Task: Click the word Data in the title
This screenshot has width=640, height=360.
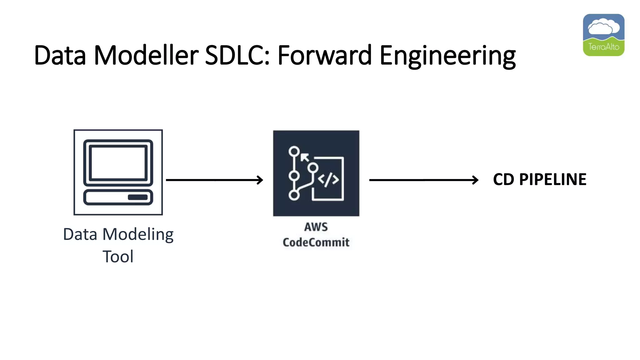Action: (60, 55)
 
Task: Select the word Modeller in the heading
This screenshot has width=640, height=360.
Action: (146, 55)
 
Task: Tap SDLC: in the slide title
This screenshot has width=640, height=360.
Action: (237, 55)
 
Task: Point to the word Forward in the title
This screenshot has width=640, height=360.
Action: (324, 55)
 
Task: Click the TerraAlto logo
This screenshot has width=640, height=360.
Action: (603, 35)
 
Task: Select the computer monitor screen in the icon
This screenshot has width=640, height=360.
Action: (118, 163)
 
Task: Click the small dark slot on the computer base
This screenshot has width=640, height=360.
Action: (137, 197)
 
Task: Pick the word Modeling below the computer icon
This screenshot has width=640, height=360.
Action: (138, 235)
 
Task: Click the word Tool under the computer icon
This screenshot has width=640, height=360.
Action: (118, 257)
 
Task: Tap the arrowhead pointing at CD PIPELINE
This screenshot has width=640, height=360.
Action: (475, 180)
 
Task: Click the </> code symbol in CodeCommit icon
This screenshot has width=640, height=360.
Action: (328, 180)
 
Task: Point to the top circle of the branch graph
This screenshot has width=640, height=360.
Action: (294, 152)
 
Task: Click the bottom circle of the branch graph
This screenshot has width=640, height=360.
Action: (294, 195)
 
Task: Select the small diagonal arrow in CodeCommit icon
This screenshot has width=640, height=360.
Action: (304, 157)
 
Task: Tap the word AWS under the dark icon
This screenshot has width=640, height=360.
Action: (316, 227)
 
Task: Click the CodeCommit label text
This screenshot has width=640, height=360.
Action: (316, 242)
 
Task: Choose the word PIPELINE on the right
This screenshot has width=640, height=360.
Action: (552, 180)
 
